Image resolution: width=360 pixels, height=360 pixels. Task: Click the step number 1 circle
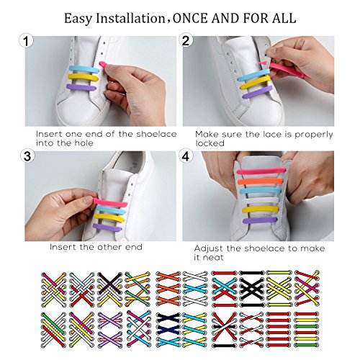click(26, 41)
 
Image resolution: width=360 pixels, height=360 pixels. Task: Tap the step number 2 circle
click(186, 40)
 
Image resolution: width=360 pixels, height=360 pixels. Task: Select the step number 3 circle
click(27, 156)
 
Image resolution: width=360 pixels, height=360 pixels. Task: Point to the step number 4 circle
click(186, 156)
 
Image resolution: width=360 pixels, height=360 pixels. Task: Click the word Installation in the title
click(130, 19)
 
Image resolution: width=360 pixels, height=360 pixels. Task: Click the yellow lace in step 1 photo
click(83, 78)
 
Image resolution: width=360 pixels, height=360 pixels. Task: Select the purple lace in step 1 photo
click(81, 87)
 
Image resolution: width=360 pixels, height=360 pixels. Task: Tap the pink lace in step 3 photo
click(110, 202)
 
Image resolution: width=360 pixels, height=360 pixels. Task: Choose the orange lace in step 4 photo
click(261, 181)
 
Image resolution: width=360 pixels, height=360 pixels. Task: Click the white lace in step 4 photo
click(261, 200)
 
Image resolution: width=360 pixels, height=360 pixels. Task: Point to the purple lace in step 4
click(260, 220)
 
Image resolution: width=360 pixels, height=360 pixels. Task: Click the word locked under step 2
click(210, 143)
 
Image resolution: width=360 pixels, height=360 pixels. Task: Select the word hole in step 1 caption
click(84, 143)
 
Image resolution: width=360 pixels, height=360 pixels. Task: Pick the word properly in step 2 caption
click(314, 135)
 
